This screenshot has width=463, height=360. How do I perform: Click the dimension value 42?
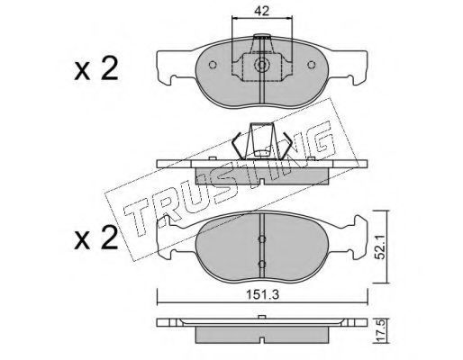click(261, 11)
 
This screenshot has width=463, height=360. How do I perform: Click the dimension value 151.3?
click(263, 295)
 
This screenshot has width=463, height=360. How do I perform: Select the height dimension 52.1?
click(381, 247)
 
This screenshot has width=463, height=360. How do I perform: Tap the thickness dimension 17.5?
click(381, 331)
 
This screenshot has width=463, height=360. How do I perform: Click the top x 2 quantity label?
click(95, 69)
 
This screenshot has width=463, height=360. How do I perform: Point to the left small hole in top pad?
click(213, 65)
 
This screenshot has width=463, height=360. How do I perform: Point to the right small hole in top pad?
click(312, 65)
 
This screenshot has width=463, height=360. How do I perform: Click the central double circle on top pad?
click(262, 65)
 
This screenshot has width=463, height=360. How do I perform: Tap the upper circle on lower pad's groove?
click(262, 238)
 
